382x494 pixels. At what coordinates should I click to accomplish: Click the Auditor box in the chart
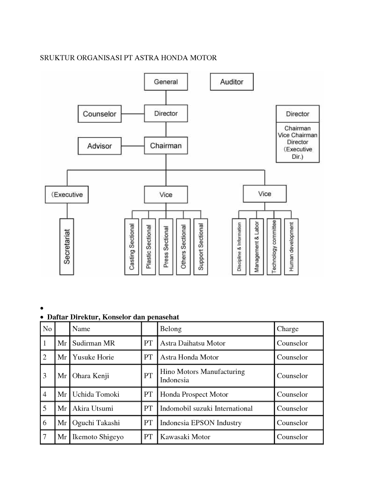point(231,82)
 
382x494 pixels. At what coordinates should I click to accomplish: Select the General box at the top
point(166,82)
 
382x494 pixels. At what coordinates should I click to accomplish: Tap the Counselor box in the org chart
point(99,114)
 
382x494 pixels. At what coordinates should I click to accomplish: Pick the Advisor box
point(99,146)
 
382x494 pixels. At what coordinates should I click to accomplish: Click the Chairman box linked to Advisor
point(166,146)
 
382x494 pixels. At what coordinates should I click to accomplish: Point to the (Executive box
point(67,195)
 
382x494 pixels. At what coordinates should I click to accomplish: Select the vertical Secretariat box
point(67,247)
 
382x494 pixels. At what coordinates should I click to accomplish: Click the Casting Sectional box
point(132,247)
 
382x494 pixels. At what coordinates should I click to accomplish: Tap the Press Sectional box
point(166,247)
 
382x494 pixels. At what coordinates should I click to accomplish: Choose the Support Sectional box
point(201,247)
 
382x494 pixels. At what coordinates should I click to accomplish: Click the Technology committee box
point(274,247)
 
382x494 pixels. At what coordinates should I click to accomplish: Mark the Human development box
point(291,247)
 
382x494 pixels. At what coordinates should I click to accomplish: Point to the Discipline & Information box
point(239,247)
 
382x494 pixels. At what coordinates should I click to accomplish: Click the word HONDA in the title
point(174,58)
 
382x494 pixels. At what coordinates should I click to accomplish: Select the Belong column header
point(171,329)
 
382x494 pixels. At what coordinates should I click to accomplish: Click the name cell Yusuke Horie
point(93,357)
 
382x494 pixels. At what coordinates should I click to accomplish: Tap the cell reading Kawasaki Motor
point(185,437)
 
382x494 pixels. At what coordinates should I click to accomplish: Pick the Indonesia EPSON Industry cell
point(201,423)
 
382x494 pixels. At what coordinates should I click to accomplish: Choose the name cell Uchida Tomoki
point(95,394)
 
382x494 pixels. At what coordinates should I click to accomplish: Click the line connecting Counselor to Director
point(133,114)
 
